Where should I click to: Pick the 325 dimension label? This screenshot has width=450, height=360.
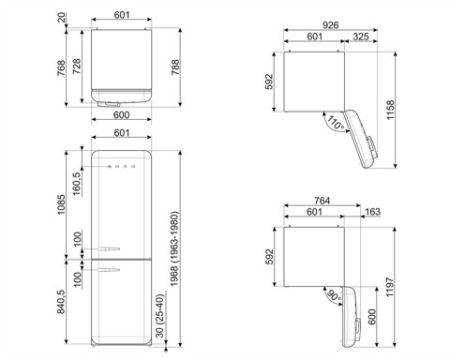click(x=359, y=38)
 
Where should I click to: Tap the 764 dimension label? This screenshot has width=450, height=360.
click(x=322, y=202)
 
